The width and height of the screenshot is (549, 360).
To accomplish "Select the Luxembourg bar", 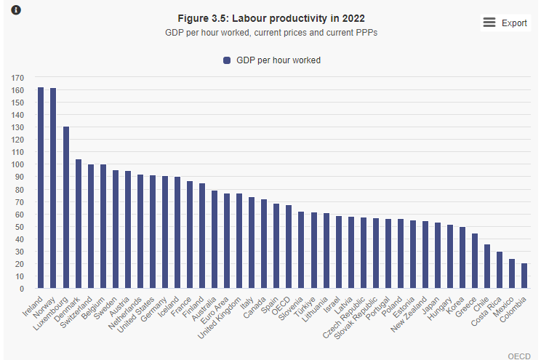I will coord(66,207).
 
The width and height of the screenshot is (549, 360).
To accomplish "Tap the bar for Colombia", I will coord(524,276).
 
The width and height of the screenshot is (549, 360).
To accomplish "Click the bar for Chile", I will coord(487,266).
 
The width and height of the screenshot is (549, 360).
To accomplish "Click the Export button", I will coord(514,23).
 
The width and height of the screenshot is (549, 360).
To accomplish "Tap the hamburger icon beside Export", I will coord(489,23).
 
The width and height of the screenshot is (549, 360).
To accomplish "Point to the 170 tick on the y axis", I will coord(17,77).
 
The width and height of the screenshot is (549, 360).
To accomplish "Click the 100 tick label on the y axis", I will coord(17,164).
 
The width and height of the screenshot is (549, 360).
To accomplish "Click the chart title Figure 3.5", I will coord(271,18).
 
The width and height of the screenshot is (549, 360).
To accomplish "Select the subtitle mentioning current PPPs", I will coord(271,33).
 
